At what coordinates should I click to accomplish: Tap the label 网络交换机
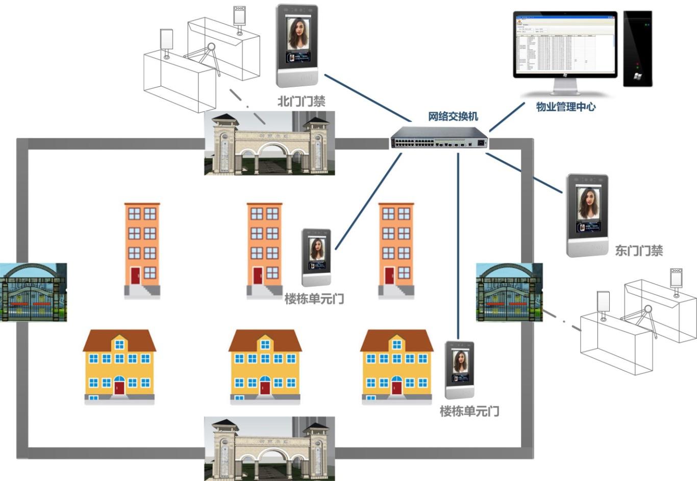453,116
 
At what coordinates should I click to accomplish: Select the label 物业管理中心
565,107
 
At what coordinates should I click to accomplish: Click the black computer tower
637,48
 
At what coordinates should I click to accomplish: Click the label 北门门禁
301,101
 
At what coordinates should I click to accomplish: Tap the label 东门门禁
638,250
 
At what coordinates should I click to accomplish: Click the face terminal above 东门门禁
587,215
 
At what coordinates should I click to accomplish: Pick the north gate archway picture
269,143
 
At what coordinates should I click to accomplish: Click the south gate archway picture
269,448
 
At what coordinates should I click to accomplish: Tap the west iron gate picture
33,292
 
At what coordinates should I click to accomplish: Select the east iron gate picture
509,292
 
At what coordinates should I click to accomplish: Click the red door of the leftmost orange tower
135,275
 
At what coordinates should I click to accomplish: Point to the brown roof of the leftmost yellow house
119,341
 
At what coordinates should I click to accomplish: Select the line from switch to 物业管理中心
506,117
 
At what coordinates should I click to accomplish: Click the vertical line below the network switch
458,245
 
